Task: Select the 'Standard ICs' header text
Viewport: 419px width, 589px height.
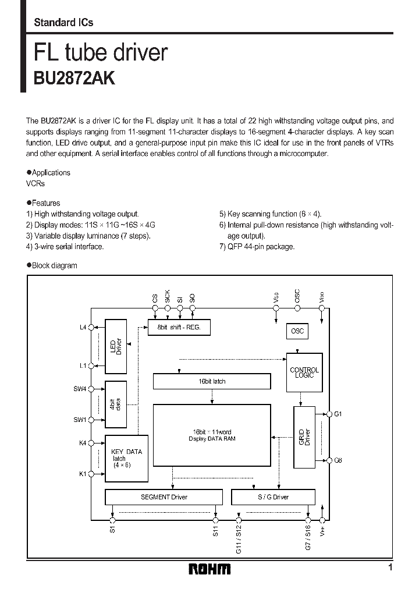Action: [63, 23]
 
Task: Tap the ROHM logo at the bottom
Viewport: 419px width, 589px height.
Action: [210, 569]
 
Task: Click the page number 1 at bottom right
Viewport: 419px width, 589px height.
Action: [390, 567]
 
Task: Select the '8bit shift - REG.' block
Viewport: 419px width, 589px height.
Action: [179, 328]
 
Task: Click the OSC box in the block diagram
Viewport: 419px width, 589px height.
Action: [297, 331]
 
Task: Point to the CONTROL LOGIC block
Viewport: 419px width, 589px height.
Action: [304, 372]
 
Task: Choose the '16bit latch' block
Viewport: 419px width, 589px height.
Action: [212, 381]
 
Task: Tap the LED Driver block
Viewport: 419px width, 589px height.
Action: [116, 346]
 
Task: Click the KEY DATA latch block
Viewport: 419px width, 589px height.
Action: [126, 458]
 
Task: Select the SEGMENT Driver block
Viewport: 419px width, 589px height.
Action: [164, 497]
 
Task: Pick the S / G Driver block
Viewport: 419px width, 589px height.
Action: [273, 497]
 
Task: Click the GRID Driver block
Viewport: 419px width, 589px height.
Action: [303, 437]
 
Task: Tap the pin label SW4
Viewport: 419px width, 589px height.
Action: [79, 388]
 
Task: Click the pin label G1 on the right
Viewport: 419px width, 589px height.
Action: [338, 414]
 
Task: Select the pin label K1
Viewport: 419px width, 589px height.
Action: [82, 474]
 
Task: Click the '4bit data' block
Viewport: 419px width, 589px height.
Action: [116, 404]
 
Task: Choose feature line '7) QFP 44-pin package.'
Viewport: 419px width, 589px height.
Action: [257, 246]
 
